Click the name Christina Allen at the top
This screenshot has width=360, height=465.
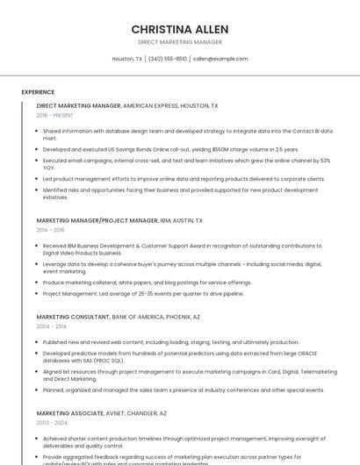180,28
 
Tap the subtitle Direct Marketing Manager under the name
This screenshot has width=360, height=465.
180,42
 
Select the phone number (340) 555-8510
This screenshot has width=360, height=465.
168,59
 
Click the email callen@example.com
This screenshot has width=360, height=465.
220,59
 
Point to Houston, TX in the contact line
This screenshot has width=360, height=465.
127,59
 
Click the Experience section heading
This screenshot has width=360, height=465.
38,92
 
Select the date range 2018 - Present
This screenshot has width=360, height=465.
55,115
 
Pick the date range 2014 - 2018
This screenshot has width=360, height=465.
50,230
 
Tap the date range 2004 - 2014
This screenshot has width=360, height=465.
50,325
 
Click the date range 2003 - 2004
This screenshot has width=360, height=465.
50,422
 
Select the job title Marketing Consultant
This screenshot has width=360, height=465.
73,316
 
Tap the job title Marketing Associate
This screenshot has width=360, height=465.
71,412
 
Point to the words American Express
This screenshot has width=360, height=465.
150,105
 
